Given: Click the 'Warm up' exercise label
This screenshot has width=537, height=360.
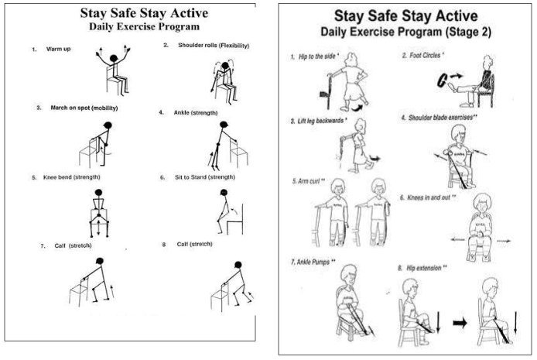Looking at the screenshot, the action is coord(58,49).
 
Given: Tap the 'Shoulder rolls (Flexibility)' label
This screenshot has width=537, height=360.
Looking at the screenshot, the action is coord(214,45).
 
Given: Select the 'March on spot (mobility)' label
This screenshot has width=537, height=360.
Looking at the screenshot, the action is coord(84,108).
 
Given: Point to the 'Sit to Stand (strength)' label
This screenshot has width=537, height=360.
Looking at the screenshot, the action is coord(205,177).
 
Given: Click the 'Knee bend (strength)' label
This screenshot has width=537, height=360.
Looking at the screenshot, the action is coord(72,177).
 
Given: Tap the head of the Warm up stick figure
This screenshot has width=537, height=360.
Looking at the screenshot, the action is coord(114,59).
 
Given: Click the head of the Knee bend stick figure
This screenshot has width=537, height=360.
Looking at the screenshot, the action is coord(98,193).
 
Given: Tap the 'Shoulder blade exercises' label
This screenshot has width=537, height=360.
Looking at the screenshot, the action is coord(440,118).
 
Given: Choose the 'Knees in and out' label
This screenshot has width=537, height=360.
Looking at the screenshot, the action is coord(429,197).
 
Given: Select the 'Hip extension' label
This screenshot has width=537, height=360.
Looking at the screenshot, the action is coord(423,268).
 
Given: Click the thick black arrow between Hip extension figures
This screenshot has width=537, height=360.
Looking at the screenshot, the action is coord(460,323).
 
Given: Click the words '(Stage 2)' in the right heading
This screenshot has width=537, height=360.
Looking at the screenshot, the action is coord(468,33).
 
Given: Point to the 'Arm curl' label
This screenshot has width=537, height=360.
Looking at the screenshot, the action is coord(308,181).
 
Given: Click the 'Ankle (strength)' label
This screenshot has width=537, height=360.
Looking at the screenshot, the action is coord(196,113).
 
